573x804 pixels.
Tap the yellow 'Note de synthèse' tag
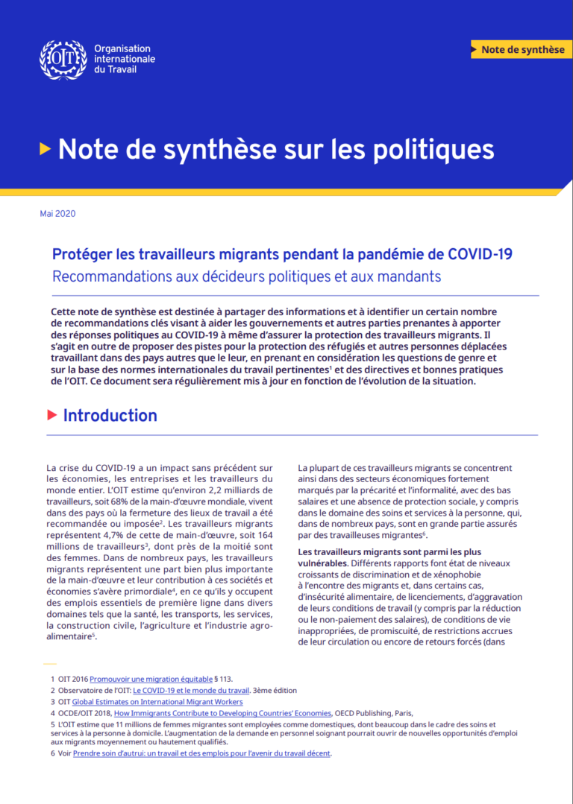[522, 49]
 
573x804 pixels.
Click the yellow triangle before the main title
[46, 148]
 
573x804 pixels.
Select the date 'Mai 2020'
[57, 214]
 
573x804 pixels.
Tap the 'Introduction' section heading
[110, 416]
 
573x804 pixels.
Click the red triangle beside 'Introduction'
[52, 415]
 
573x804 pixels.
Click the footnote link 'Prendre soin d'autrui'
[201, 753]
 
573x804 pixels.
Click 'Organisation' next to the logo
[122, 48]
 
